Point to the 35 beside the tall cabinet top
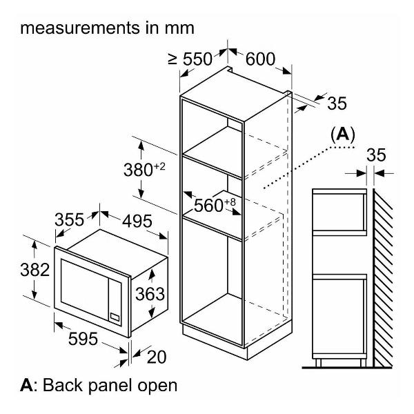pyautogui.click(x=336, y=103)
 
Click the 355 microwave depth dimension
pyautogui.click(x=69, y=220)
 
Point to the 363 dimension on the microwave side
pyautogui.click(x=150, y=294)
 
